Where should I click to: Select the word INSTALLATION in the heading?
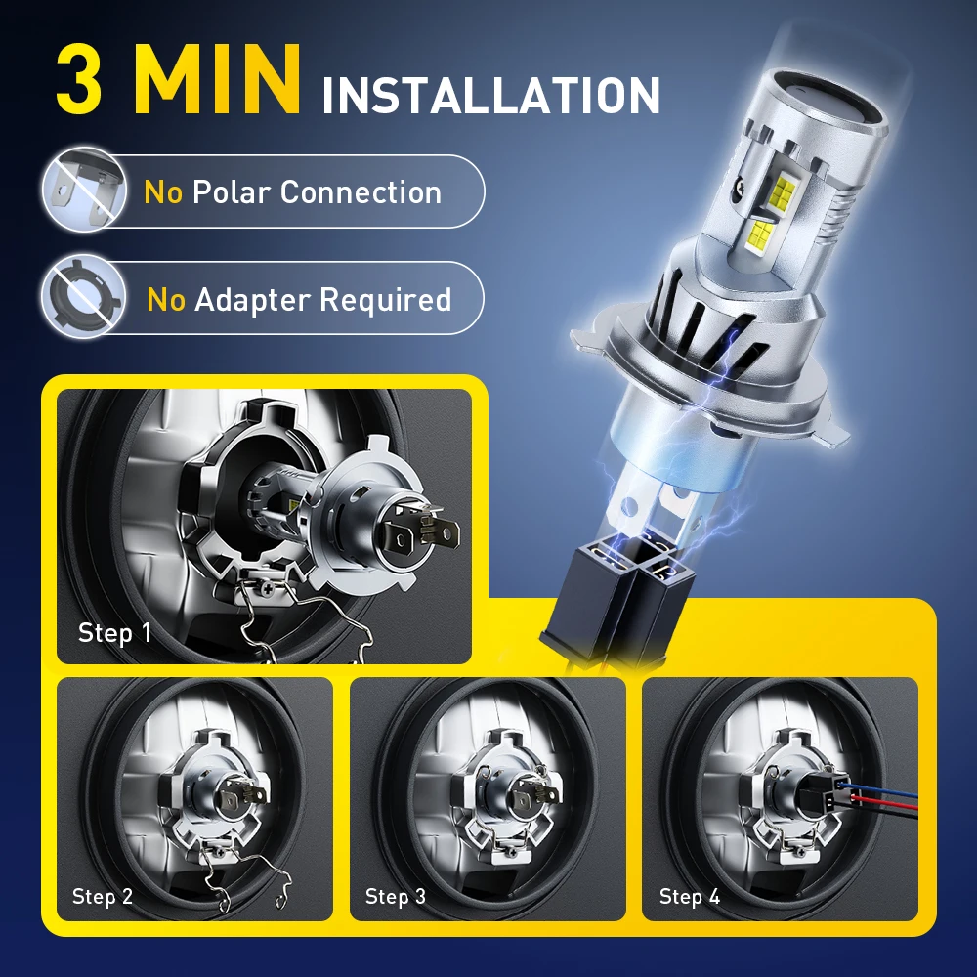490,96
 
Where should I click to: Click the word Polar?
232,192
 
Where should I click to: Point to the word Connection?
361,192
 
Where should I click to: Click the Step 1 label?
114,632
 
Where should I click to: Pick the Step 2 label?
102,896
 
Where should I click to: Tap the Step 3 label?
395,896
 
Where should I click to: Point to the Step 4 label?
689,896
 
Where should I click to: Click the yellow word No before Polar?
163,192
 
